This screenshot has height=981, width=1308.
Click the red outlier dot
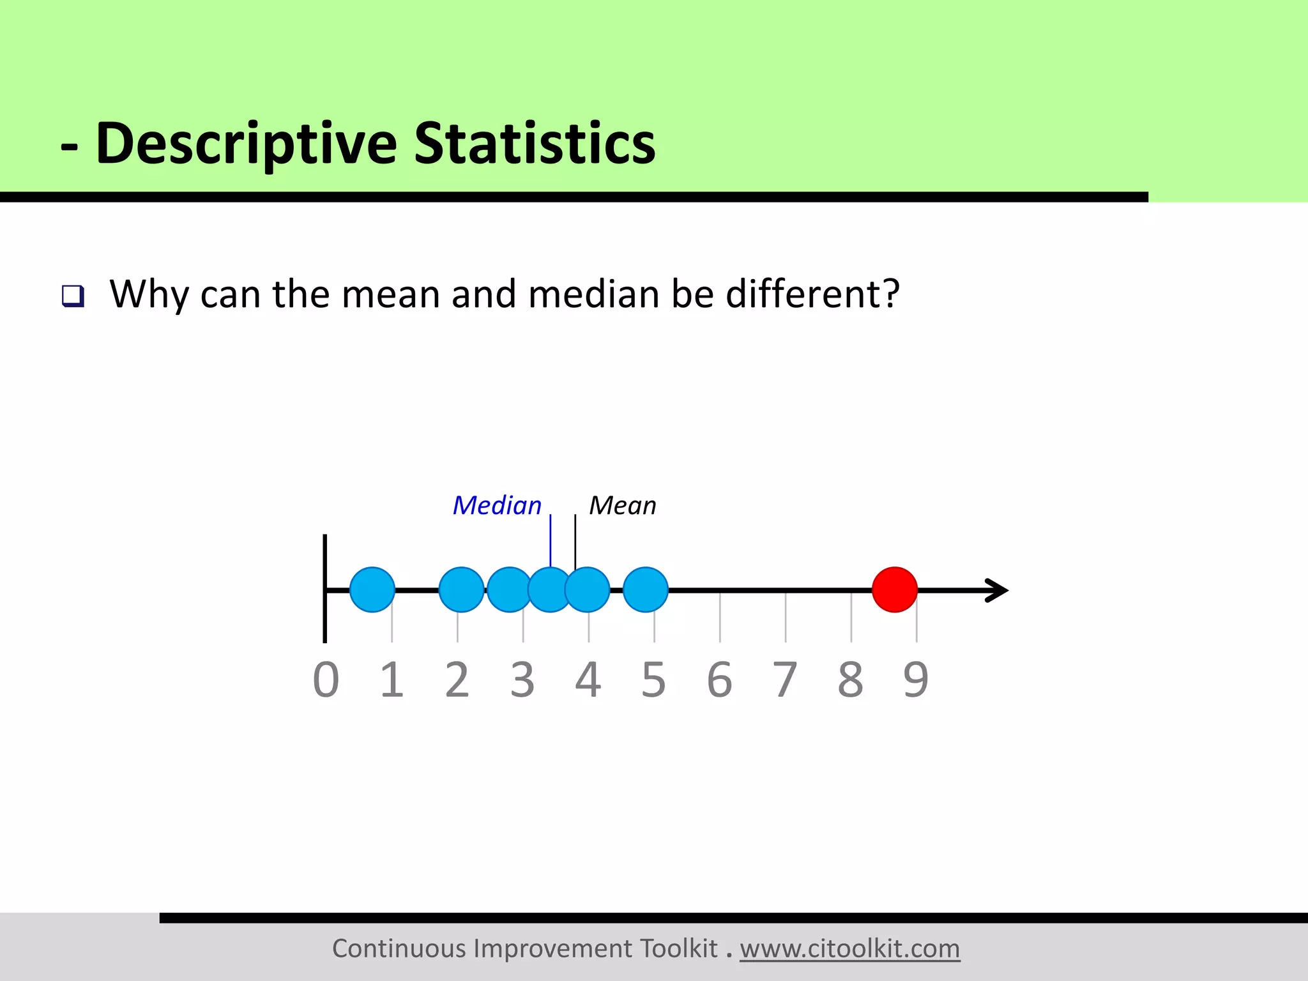coord(895,589)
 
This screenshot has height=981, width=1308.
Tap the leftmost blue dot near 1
coord(372,589)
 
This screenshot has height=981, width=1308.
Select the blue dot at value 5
coord(646,589)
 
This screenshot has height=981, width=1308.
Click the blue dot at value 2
coord(460,589)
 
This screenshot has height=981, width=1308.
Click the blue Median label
coord(496,505)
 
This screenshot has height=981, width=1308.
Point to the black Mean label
coord(622,505)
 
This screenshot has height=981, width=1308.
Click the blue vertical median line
coord(551,540)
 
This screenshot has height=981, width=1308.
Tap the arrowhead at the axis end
coord(998,590)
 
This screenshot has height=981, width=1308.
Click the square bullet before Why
coord(73,296)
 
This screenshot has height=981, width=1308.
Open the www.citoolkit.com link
coord(849,948)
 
